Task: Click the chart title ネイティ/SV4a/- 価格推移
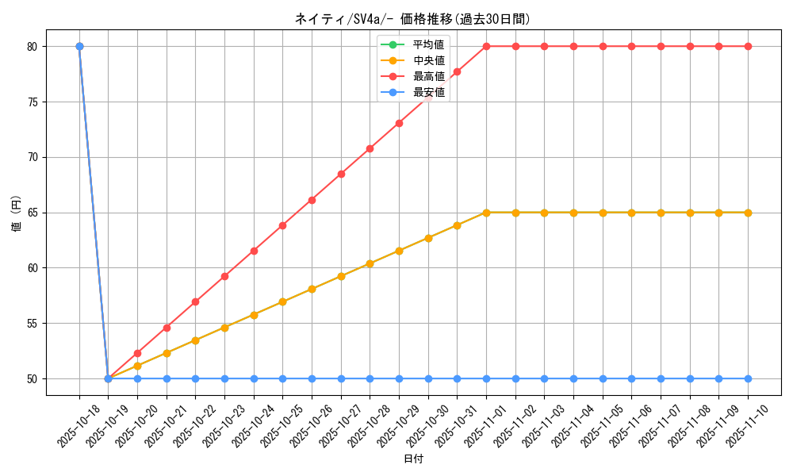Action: (412, 19)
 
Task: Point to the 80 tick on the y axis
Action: (33, 47)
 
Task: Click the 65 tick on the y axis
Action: (33, 213)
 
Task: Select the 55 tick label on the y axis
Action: (33, 324)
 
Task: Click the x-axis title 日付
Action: (412, 459)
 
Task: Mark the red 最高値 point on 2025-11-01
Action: (486, 46)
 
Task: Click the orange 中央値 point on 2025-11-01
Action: (486, 213)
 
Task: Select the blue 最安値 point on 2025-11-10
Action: (748, 378)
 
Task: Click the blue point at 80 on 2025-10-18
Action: (79, 46)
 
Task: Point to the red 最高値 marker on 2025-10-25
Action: (282, 225)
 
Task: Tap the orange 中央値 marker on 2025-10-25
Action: (282, 302)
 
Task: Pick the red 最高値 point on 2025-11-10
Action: (748, 46)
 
